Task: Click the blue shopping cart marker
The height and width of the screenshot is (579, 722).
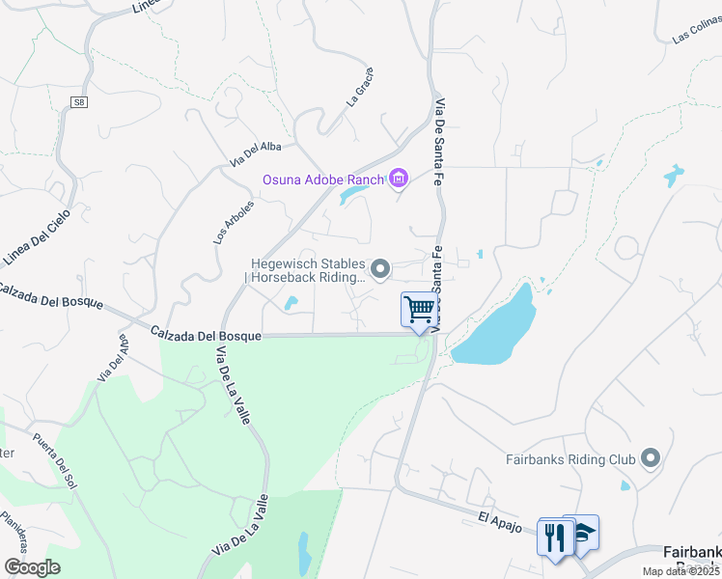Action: point(419,310)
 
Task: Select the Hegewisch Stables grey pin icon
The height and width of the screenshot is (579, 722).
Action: point(381,269)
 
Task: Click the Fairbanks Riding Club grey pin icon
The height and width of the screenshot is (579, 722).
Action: point(651,458)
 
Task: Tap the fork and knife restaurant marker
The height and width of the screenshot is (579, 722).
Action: point(554,536)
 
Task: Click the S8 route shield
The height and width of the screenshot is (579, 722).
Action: point(78,102)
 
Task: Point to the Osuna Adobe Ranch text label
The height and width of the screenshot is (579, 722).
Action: point(322,179)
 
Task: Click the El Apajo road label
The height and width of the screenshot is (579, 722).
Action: point(501,522)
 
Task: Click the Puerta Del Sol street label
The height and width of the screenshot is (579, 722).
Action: point(51,462)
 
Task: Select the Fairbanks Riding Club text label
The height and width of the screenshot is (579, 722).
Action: point(570,459)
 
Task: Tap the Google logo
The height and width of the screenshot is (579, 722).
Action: point(32,566)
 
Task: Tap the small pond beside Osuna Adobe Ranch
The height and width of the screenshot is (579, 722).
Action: point(352,197)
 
